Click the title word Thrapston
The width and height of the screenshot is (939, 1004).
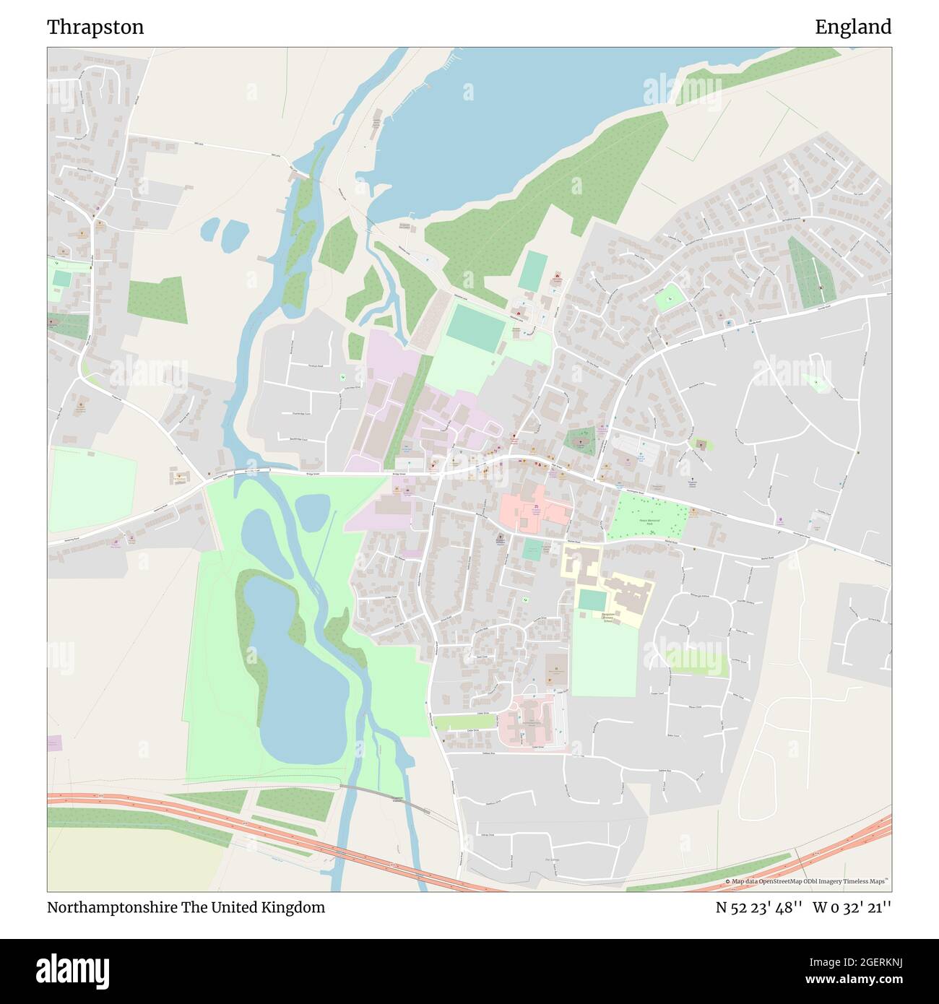point(95,27)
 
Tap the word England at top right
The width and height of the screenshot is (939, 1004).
point(853,27)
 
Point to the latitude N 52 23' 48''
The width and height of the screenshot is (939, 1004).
point(758,907)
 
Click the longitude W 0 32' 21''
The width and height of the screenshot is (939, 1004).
point(852,907)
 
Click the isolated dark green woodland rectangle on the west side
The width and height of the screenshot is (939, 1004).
point(157,300)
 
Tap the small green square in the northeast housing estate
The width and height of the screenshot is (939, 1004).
point(670,297)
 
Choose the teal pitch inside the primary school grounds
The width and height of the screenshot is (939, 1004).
point(592,600)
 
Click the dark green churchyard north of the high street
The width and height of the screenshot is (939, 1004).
point(579,441)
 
